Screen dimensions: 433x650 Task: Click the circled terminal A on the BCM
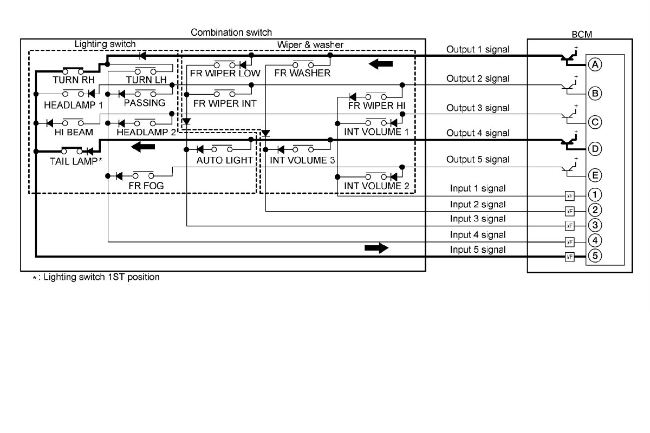pyautogui.click(x=595, y=64)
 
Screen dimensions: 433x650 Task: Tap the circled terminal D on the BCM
pyautogui.click(x=595, y=148)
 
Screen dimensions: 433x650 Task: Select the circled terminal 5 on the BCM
pyautogui.click(x=595, y=257)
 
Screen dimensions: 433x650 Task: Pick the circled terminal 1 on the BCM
pyautogui.click(x=595, y=194)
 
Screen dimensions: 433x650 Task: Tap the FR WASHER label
pyautogui.click(x=302, y=74)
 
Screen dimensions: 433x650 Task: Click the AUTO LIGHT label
pyautogui.click(x=224, y=160)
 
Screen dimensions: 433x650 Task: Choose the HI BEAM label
pyautogui.click(x=74, y=132)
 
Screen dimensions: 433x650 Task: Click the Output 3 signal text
pyautogui.click(x=478, y=108)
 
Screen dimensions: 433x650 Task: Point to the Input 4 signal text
pyautogui.click(x=478, y=235)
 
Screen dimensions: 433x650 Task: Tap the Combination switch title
pyautogui.click(x=231, y=33)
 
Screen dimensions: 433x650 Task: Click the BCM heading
pyautogui.click(x=582, y=34)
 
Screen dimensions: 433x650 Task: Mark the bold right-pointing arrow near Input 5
pyautogui.click(x=376, y=248)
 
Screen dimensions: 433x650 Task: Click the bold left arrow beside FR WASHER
pyautogui.click(x=381, y=64)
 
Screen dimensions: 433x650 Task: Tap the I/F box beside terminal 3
pyautogui.click(x=569, y=226)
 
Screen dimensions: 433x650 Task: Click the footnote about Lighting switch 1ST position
pyautogui.click(x=96, y=277)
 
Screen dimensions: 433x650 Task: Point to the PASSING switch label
pyautogui.click(x=145, y=103)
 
